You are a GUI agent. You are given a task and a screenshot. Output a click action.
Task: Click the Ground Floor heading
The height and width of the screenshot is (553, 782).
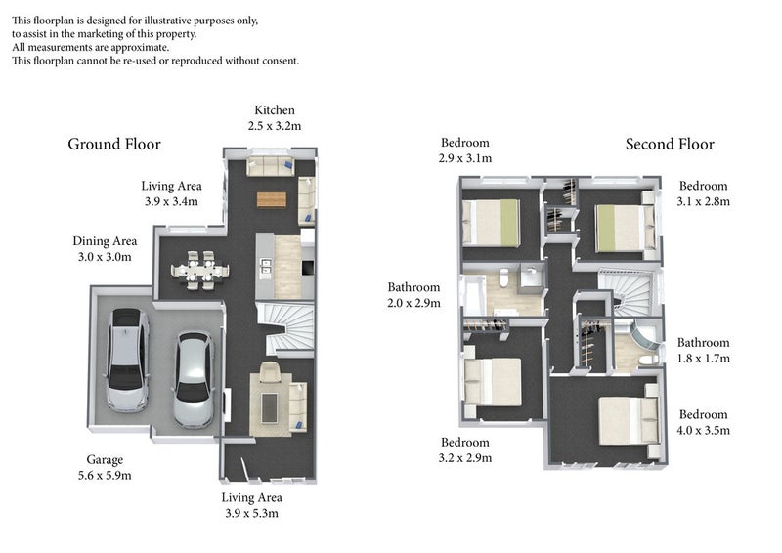point(114,144)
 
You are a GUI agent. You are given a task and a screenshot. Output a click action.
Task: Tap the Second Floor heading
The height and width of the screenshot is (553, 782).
point(670,144)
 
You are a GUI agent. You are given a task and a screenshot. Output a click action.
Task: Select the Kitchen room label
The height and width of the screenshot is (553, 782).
point(275,110)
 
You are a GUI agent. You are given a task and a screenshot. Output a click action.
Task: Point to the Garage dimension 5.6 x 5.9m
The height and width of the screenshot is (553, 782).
point(105,476)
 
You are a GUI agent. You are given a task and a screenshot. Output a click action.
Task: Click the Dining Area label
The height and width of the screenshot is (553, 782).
point(105,241)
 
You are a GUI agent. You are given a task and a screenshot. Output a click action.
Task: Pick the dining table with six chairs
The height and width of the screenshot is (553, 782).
point(200,271)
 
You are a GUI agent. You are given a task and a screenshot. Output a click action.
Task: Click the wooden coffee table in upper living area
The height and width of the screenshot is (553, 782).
point(272,199)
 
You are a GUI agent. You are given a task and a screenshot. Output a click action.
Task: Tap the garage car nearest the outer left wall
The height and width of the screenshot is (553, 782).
point(127,360)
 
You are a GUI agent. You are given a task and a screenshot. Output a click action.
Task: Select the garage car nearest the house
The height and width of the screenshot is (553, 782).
point(194,380)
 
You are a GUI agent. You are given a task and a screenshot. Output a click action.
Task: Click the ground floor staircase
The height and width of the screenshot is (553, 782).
point(285,329)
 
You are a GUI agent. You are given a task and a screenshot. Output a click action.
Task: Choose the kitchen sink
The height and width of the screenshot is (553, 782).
point(266,267)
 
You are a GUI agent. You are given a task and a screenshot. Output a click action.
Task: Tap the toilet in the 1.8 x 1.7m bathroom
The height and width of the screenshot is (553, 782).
point(649,360)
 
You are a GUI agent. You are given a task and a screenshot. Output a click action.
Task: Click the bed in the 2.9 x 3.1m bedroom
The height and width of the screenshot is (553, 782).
point(492,223)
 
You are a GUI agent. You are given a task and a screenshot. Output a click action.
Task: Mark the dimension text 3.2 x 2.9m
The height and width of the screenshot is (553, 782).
point(465,458)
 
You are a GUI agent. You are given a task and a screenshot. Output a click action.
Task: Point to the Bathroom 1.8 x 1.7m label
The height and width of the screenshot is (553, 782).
point(703,351)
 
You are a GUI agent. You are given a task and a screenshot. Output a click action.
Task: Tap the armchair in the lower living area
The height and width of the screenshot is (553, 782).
point(271,372)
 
